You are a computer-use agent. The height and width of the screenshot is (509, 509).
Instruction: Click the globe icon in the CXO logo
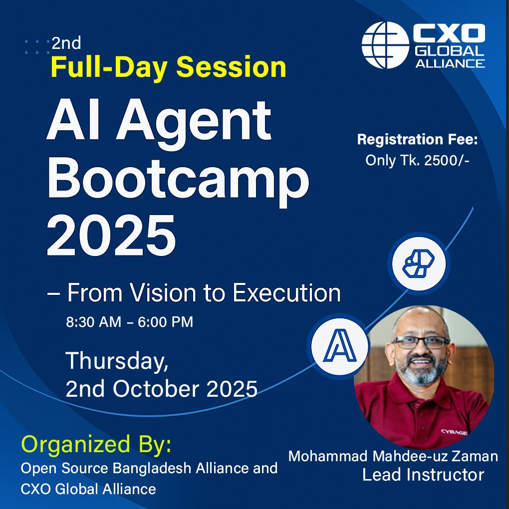coord(385,45)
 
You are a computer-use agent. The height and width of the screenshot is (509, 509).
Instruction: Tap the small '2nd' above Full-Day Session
coord(66,43)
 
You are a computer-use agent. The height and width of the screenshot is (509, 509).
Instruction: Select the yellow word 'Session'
coord(231,67)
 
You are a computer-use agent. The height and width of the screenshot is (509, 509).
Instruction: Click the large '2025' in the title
coord(111,236)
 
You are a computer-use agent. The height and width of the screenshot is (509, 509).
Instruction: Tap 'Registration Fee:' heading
coord(418,140)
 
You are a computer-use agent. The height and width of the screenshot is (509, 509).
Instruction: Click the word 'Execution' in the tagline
coord(286,293)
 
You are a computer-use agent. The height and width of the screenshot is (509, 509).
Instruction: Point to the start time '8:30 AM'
coord(94,322)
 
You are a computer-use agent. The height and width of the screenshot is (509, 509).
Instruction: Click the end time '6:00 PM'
coord(166,322)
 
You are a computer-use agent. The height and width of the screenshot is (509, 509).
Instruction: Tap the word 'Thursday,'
coord(117,361)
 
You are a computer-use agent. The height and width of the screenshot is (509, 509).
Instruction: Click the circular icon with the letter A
coord(339,345)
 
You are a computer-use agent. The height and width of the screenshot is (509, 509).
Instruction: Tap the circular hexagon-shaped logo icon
coord(419,263)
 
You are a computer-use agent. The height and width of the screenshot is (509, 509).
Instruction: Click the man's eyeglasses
coord(421,342)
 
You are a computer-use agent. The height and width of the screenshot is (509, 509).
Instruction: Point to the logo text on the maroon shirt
coord(454,432)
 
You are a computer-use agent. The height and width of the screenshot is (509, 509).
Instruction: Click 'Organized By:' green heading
coord(96,444)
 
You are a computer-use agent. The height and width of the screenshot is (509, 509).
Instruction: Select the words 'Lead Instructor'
coord(423,475)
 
